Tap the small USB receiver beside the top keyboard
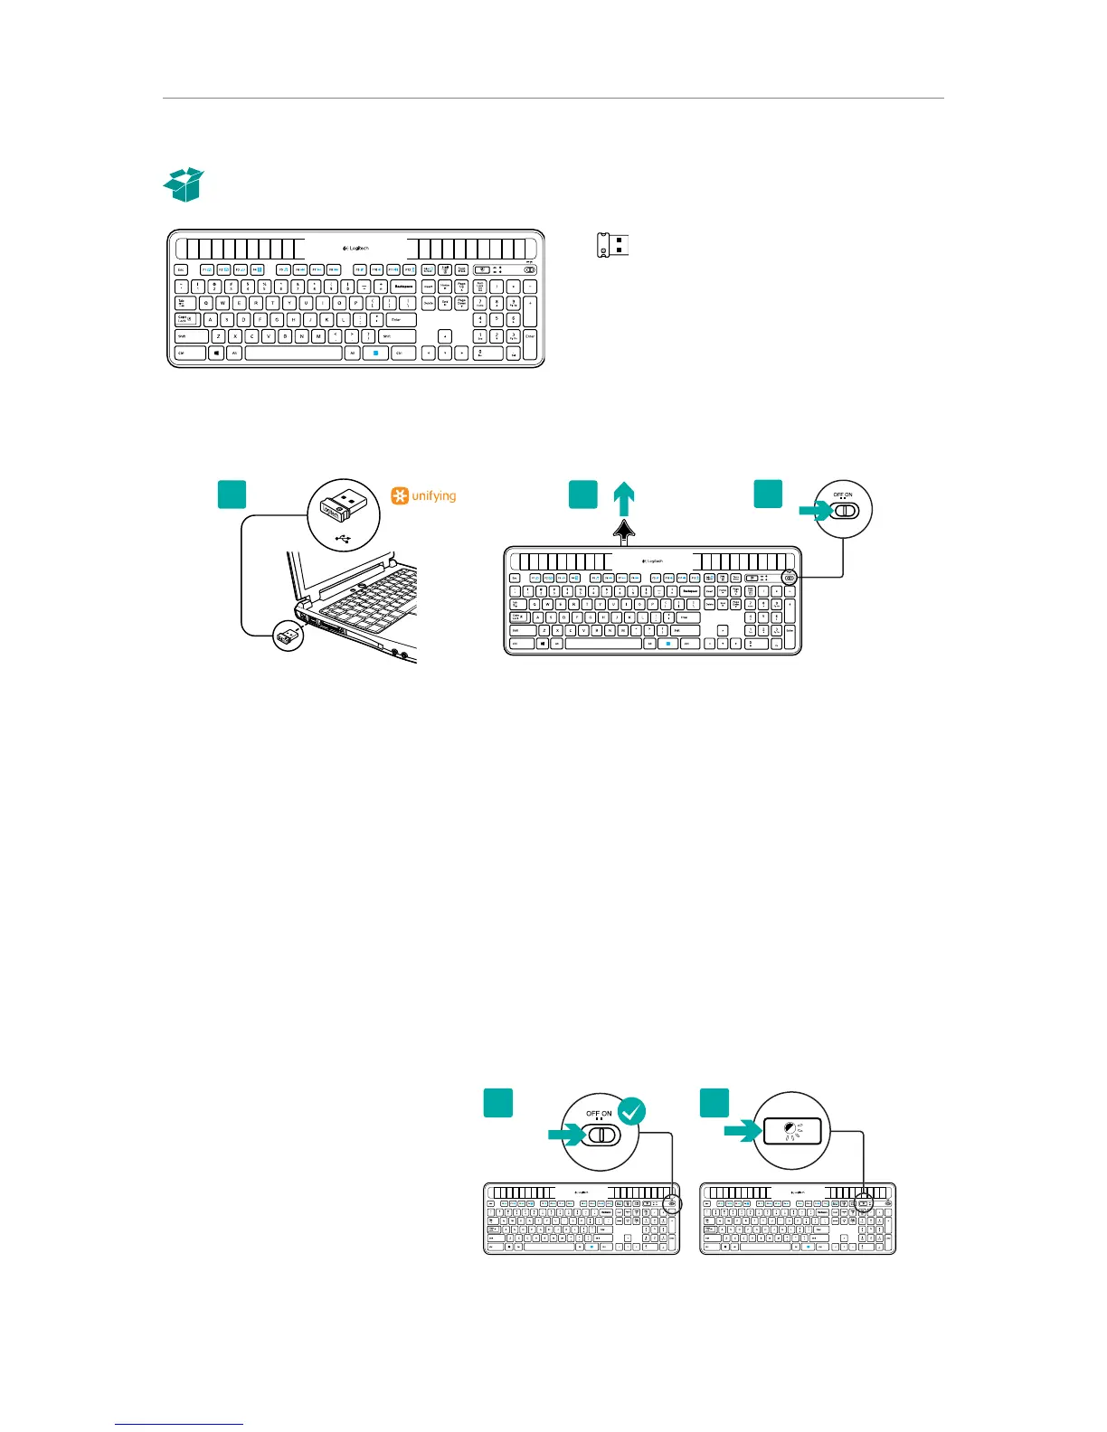click(613, 245)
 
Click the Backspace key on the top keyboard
click(403, 287)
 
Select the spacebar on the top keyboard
click(292, 353)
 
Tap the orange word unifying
click(434, 495)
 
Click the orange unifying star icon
click(399, 495)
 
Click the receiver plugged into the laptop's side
click(290, 637)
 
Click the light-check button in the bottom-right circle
click(791, 1130)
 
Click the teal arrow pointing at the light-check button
click(744, 1130)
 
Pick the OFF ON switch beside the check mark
click(600, 1134)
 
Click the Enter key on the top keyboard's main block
click(401, 320)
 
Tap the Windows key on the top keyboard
click(216, 353)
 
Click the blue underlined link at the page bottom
click(180, 1425)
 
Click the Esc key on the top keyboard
click(181, 269)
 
